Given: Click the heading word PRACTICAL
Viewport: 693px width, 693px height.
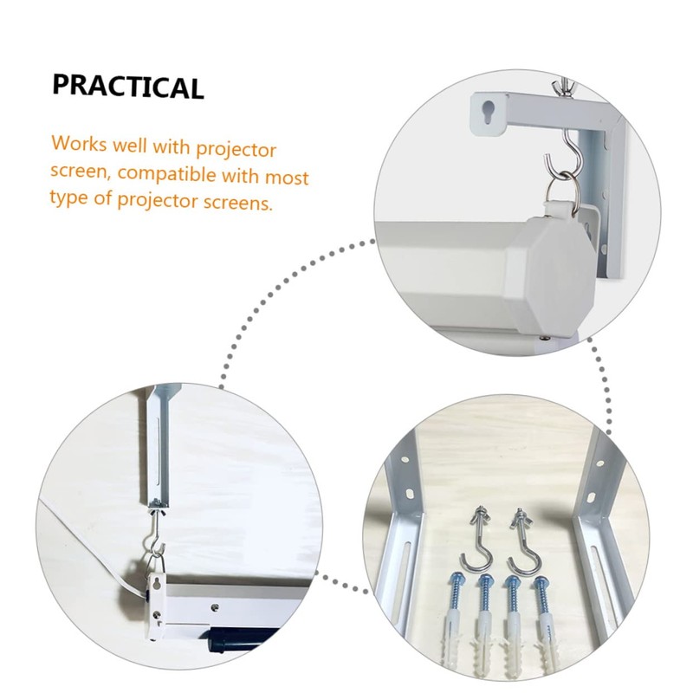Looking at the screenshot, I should coord(128,86).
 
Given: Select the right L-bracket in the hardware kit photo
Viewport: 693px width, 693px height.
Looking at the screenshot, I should coord(598,537).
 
